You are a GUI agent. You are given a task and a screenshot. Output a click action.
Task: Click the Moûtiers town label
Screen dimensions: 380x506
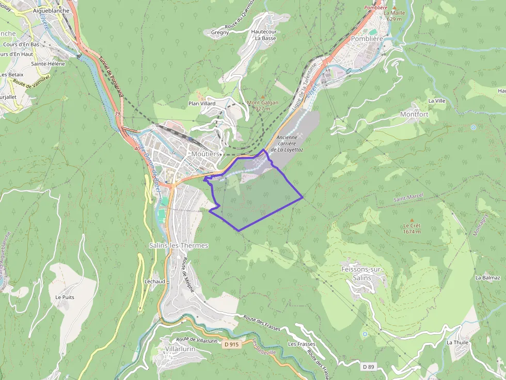(x=205, y=154)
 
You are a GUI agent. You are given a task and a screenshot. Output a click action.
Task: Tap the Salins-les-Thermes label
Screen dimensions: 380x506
(x=178, y=245)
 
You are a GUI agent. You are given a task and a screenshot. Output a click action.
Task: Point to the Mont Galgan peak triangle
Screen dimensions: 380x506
(x=263, y=96)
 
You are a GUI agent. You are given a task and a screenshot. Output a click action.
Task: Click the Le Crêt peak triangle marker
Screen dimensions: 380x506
(x=412, y=220)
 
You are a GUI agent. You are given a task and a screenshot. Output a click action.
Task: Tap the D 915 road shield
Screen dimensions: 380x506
(x=232, y=343)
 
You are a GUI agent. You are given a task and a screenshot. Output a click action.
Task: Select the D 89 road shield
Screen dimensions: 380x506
(x=368, y=367)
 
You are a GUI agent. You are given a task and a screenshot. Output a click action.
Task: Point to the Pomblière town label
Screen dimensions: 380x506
(x=368, y=38)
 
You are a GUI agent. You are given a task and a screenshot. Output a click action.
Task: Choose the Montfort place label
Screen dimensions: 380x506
(x=414, y=114)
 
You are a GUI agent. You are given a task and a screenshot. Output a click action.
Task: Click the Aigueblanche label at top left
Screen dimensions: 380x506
(x=51, y=10)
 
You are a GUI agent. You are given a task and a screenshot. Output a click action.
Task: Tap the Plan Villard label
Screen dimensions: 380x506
(x=202, y=104)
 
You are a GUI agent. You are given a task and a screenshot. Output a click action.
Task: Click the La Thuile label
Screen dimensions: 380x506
(x=457, y=342)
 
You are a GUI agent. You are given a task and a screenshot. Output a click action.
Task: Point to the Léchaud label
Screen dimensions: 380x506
(x=155, y=282)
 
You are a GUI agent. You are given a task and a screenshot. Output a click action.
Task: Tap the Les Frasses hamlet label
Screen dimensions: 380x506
(x=302, y=344)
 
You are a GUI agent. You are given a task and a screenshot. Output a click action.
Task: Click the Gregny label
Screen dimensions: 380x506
(x=220, y=32)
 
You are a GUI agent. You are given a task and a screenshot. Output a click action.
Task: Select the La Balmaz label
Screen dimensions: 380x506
(x=488, y=277)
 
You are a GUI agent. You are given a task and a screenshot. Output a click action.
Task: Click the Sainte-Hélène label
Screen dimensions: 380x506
(x=48, y=64)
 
